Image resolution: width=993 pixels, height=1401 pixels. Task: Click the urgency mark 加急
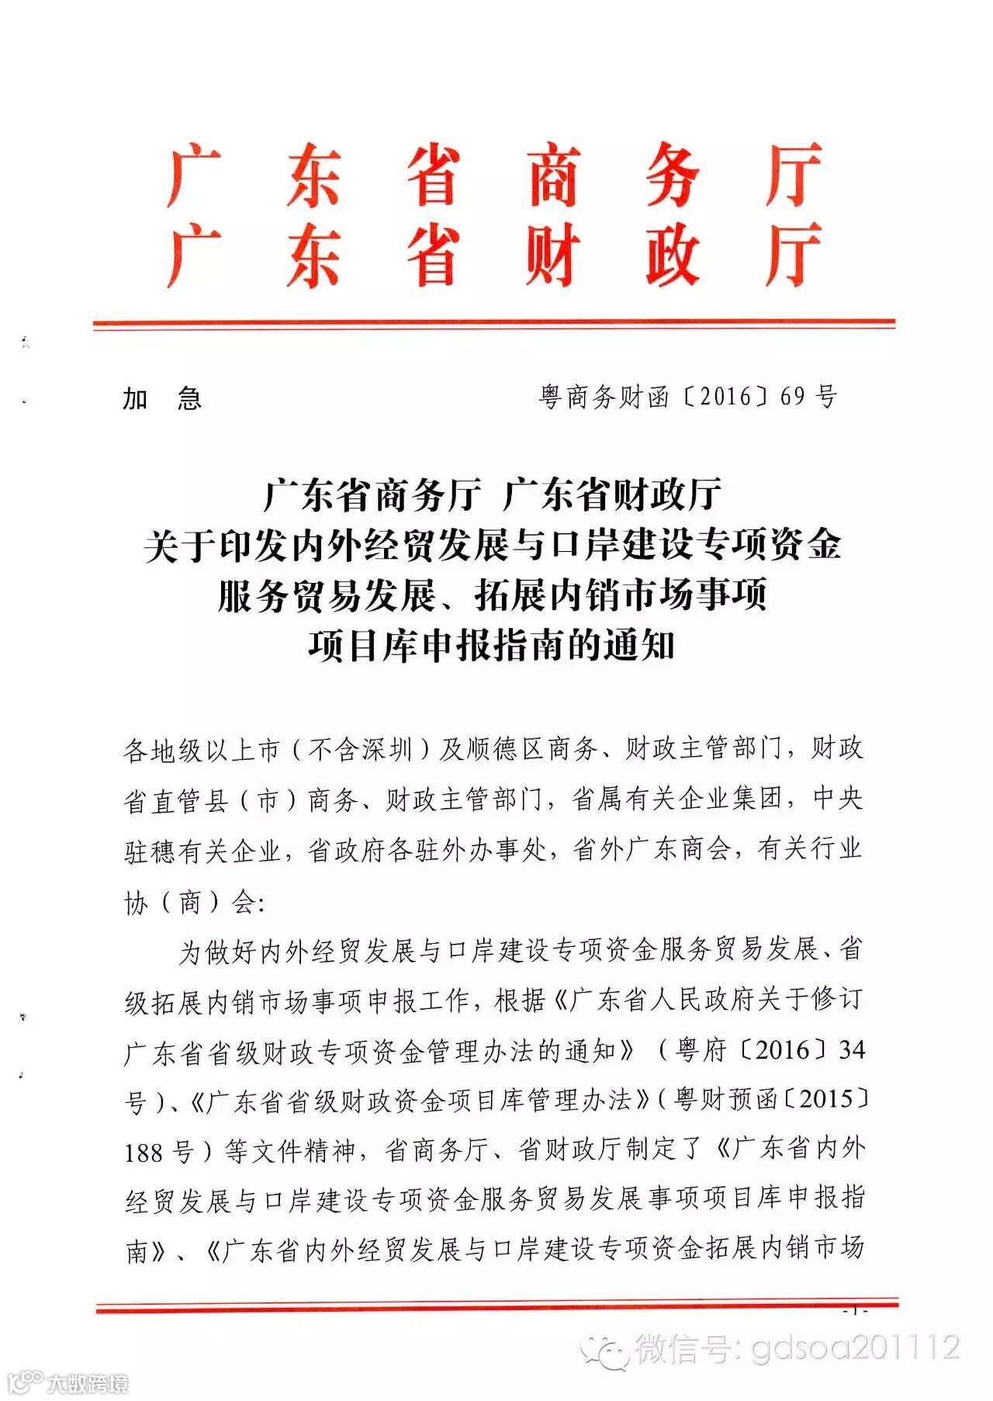(x=162, y=399)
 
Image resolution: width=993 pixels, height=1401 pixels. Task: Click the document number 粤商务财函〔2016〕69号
(x=688, y=397)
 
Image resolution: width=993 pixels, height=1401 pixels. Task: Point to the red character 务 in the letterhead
(x=673, y=175)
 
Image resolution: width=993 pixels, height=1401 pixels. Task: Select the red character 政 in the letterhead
(x=673, y=255)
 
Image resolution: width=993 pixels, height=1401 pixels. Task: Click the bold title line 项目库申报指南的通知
(x=492, y=646)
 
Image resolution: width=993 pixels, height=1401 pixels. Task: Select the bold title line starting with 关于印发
(x=492, y=545)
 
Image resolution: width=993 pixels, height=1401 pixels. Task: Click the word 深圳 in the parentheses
(x=387, y=750)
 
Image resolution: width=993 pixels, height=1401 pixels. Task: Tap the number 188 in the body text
(x=144, y=1152)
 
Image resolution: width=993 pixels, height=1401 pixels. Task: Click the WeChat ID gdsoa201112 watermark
(x=856, y=1349)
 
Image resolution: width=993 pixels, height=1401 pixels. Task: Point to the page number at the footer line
(x=856, y=1311)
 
